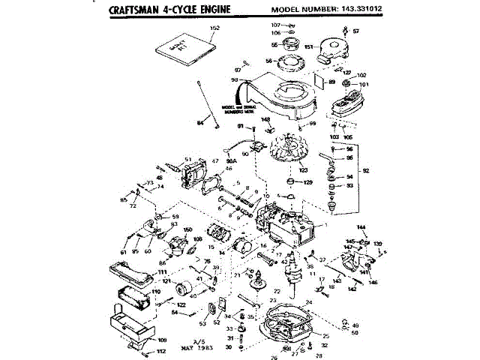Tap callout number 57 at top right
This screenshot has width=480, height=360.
click(355, 31)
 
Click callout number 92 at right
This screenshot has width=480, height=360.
click(365, 171)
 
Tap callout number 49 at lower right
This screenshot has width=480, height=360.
click(356, 325)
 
